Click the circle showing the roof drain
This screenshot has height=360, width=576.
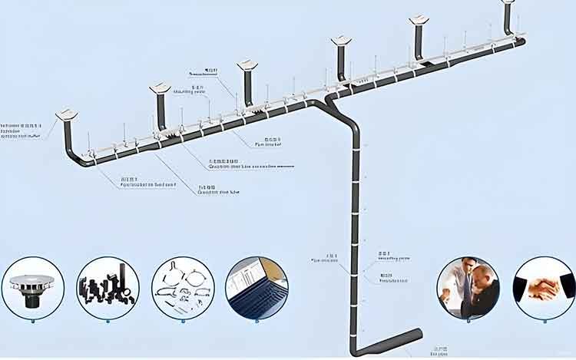pyautogui.click(x=32, y=288)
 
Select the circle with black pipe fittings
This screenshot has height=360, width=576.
pyautogui.click(x=108, y=288)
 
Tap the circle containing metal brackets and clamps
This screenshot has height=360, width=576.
pyautogui.click(x=183, y=288)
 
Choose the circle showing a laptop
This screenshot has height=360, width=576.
pyautogui.click(x=257, y=288)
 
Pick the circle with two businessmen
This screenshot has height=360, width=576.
pyautogui.click(x=468, y=288)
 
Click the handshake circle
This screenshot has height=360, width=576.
pyautogui.click(x=544, y=288)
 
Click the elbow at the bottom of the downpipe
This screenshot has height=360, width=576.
pyautogui.click(x=356, y=350)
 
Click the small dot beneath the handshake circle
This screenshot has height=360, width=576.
pyautogui.click(x=544, y=321)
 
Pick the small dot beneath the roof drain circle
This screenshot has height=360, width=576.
pyautogui.click(x=32, y=321)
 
